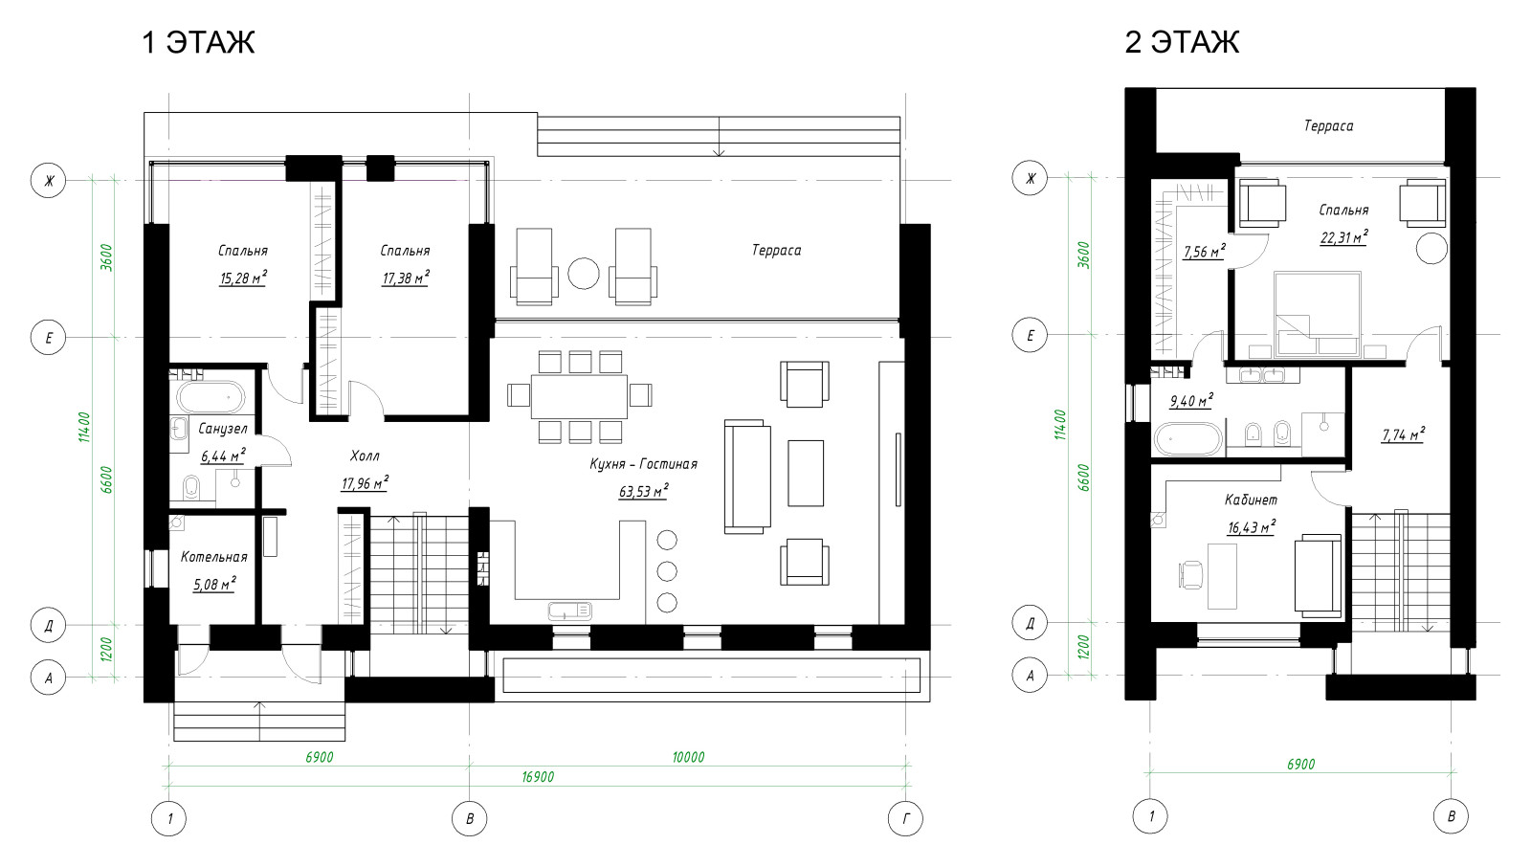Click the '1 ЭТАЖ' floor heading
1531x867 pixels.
click(x=198, y=42)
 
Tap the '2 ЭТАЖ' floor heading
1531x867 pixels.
click(x=1182, y=42)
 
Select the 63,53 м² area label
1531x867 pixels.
click(x=643, y=491)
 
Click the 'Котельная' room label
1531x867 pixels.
click(x=214, y=557)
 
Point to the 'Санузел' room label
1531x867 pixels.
click(x=223, y=429)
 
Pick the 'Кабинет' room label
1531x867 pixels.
click(x=1251, y=500)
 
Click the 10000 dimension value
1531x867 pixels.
click(x=688, y=757)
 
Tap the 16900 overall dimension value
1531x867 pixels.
click(x=538, y=777)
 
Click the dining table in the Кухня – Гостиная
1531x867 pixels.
click(x=579, y=396)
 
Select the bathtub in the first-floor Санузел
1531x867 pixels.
click(x=211, y=397)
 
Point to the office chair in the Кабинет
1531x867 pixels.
click(x=1190, y=575)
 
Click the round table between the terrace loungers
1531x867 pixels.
click(x=583, y=274)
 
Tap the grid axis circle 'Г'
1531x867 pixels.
click(x=906, y=818)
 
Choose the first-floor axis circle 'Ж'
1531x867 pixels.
click(x=49, y=181)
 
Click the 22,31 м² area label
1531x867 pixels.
click(x=1343, y=237)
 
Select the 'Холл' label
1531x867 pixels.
click(x=365, y=456)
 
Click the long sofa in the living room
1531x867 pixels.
click(x=747, y=477)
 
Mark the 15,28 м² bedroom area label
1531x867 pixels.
click(x=243, y=278)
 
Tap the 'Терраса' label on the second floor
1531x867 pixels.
click(x=1329, y=125)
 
